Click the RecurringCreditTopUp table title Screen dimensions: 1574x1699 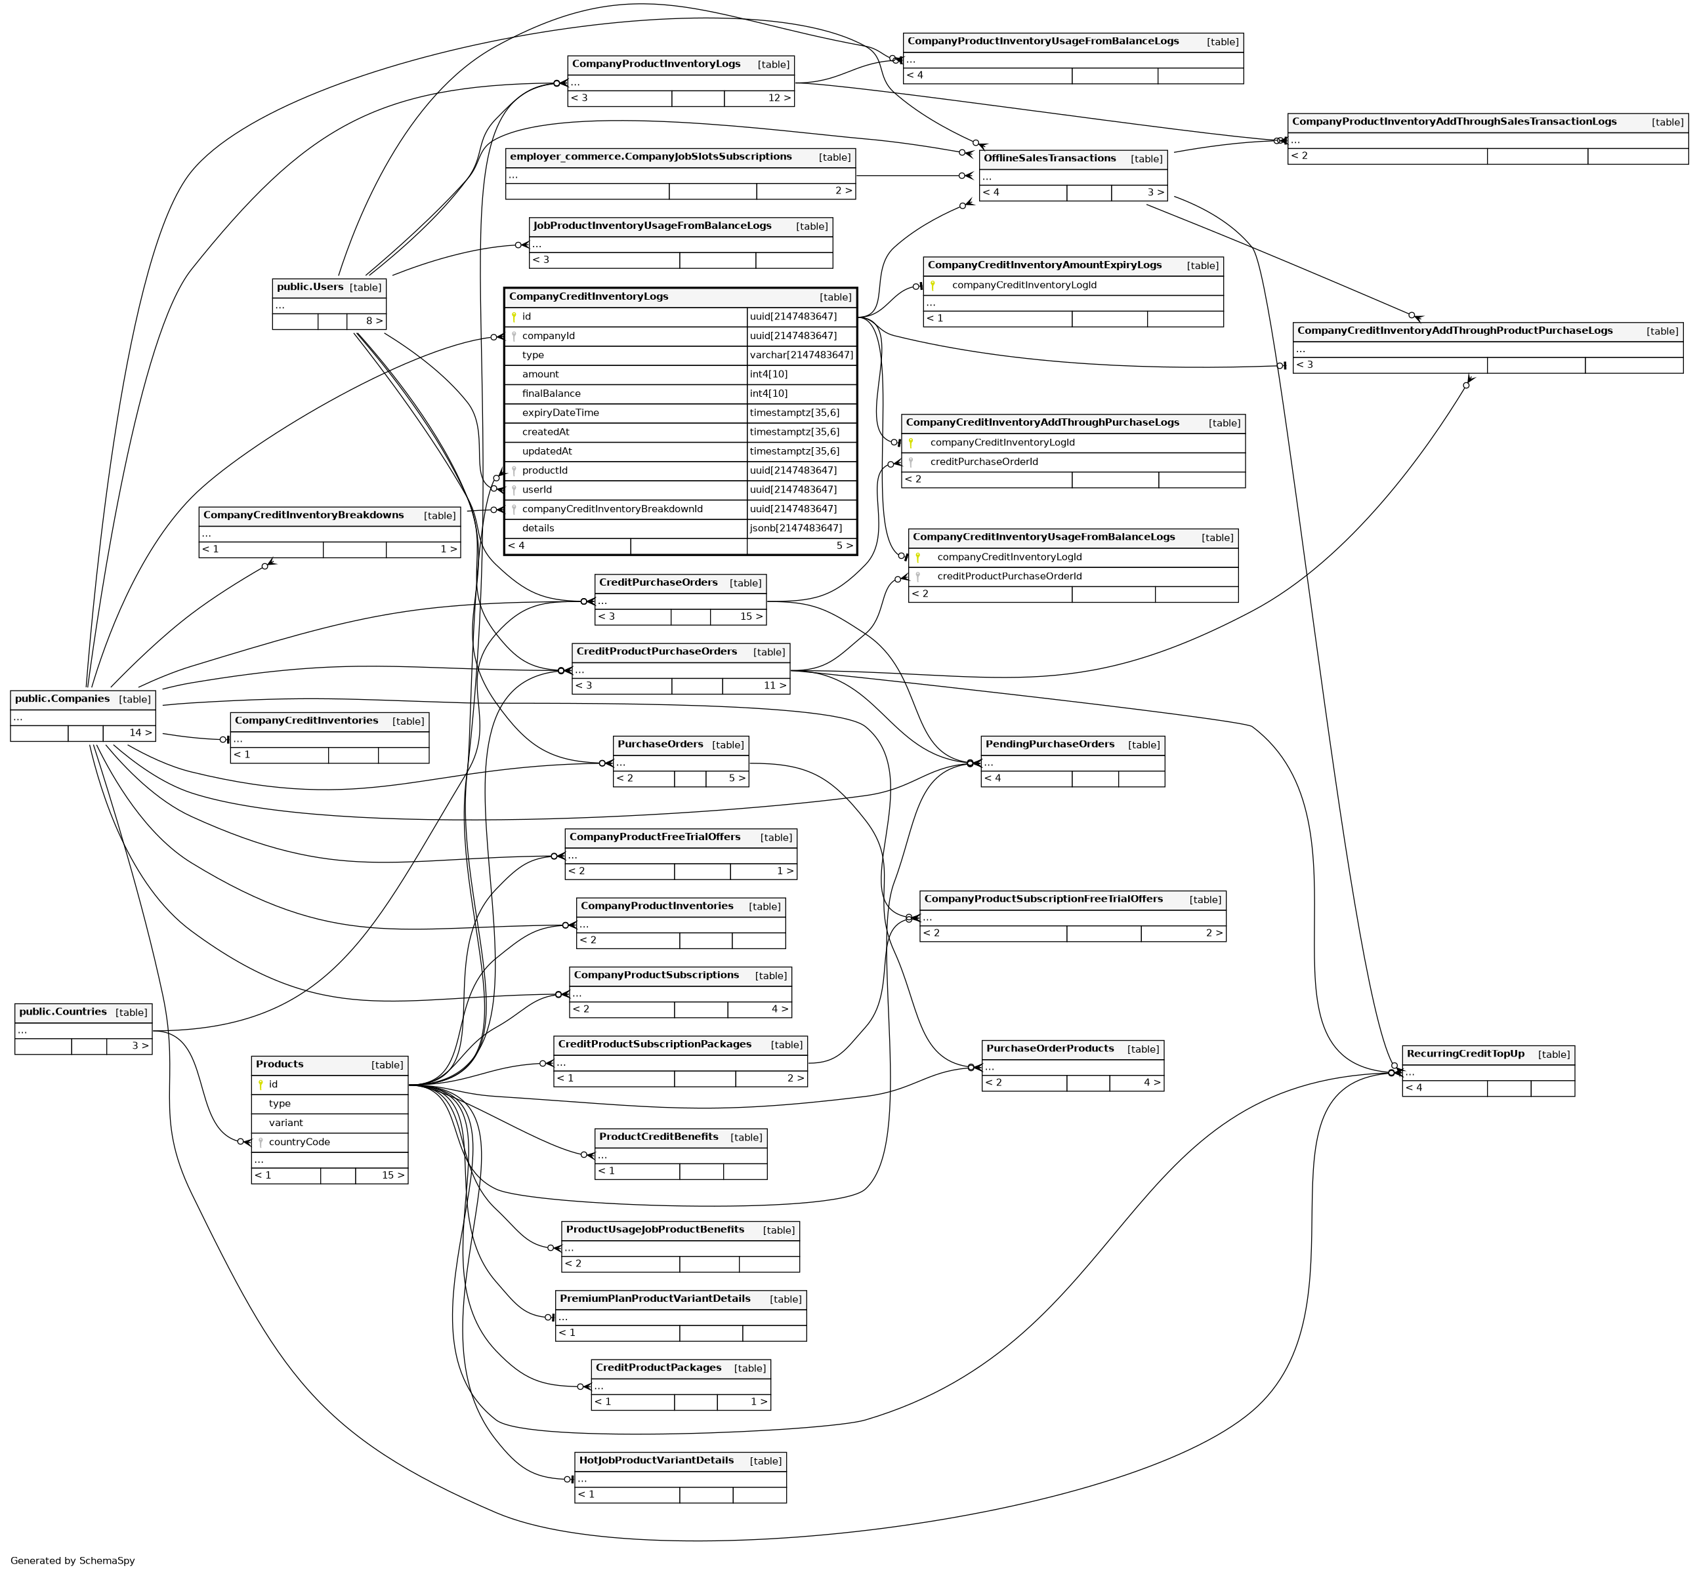(1465, 1053)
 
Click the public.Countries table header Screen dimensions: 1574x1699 (63, 1012)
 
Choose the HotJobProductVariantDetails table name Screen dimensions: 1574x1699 (656, 1460)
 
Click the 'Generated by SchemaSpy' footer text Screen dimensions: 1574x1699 (72, 1560)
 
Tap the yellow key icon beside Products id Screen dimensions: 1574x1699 (261, 1084)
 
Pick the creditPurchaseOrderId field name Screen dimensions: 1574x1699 (983, 462)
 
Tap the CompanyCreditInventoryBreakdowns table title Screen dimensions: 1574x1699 (303, 515)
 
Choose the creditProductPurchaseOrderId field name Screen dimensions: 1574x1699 (1009, 576)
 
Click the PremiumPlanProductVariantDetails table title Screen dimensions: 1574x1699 (654, 1299)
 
